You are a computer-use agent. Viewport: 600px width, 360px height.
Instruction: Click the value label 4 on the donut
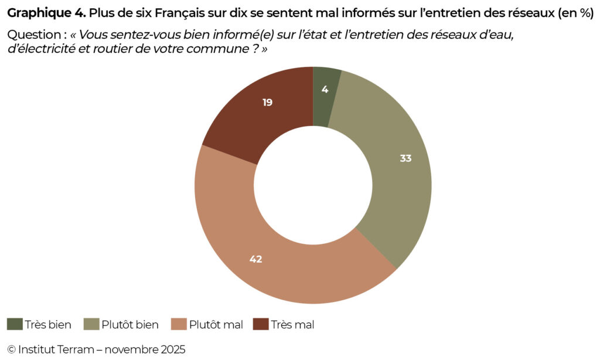click(x=325, y=90)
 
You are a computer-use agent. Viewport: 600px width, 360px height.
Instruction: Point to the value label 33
click(x=405, y=158)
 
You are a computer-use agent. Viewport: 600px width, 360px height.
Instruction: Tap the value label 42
click(x=255, y=259)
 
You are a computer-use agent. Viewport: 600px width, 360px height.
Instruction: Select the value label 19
click(x=267, y=102)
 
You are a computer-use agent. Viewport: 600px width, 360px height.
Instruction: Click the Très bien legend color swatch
click(x=15, y=324)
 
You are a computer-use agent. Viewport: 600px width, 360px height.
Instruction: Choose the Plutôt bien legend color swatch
click(x=91, y=324)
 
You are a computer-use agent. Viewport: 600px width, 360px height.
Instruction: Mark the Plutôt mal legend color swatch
click(x=179, y=324)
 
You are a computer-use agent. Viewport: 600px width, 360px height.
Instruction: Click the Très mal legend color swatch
click(x=261, y=324)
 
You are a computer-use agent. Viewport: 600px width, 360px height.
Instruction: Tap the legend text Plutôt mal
click(x=216, y=324)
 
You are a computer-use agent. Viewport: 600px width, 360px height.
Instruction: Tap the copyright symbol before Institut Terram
click(x=11, y=349)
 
